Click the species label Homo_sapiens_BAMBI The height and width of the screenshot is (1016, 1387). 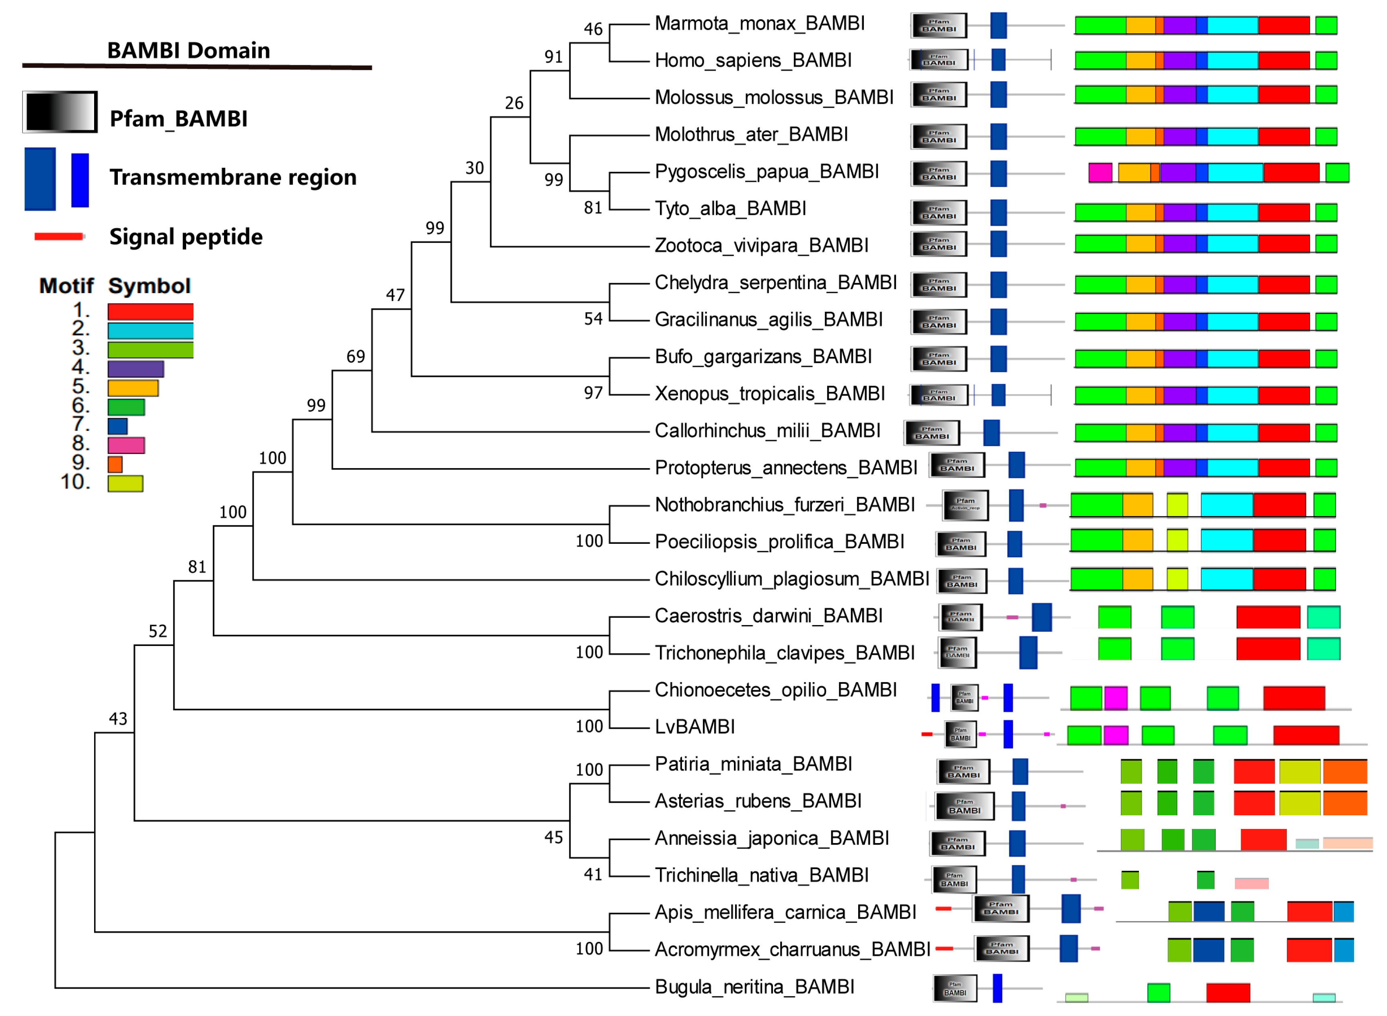(x=753, y=60)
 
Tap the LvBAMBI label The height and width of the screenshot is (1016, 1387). (x=695, y=727)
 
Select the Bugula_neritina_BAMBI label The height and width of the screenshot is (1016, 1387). (x=754, y=987)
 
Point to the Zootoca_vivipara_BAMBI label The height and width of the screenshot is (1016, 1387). (x=761, y=245)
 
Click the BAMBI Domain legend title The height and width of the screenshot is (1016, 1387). (x=188, y=50)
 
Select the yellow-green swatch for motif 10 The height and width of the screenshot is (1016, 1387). (x=125, y=483)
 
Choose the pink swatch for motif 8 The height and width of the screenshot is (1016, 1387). (x=126, y=445)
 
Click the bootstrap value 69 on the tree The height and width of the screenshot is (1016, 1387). (x=355, y=357)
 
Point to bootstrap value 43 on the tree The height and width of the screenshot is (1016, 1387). (x=118, y=719)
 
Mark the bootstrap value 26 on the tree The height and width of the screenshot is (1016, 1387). (x=514, y=103)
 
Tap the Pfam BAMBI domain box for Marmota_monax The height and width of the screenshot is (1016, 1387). (x=938, y=25)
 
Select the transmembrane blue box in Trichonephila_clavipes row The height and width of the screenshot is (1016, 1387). (x=1028, y=652)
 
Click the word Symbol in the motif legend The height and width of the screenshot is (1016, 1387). (x=150, y=286)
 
